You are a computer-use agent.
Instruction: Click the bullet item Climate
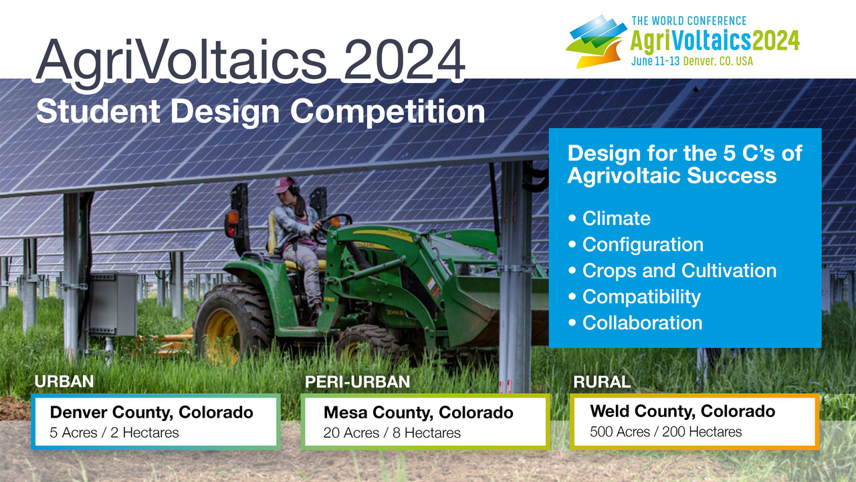point(609,218)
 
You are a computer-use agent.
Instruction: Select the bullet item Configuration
point(636,244)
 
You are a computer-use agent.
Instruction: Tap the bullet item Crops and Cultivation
point(673,271)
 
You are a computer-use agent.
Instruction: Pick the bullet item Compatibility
point(635,297)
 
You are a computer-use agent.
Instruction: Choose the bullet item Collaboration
point(635,323)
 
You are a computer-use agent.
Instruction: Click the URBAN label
point(64,382)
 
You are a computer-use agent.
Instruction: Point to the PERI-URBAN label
point(357,382)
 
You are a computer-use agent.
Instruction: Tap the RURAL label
point(602,382)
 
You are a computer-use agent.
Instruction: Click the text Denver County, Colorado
point(152,412)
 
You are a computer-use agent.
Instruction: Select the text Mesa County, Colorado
point(419,413)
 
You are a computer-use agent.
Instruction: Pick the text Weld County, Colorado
point(683,411)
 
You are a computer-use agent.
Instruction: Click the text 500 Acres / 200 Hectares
point(665,432)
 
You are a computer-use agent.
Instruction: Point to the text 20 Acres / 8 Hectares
point(392,433)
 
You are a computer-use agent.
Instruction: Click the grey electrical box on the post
point(113,304)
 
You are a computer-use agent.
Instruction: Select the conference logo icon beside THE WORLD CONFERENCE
point(597,42)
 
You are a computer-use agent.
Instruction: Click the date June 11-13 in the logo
point(655,61)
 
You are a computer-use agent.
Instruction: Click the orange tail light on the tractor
point(233,218)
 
